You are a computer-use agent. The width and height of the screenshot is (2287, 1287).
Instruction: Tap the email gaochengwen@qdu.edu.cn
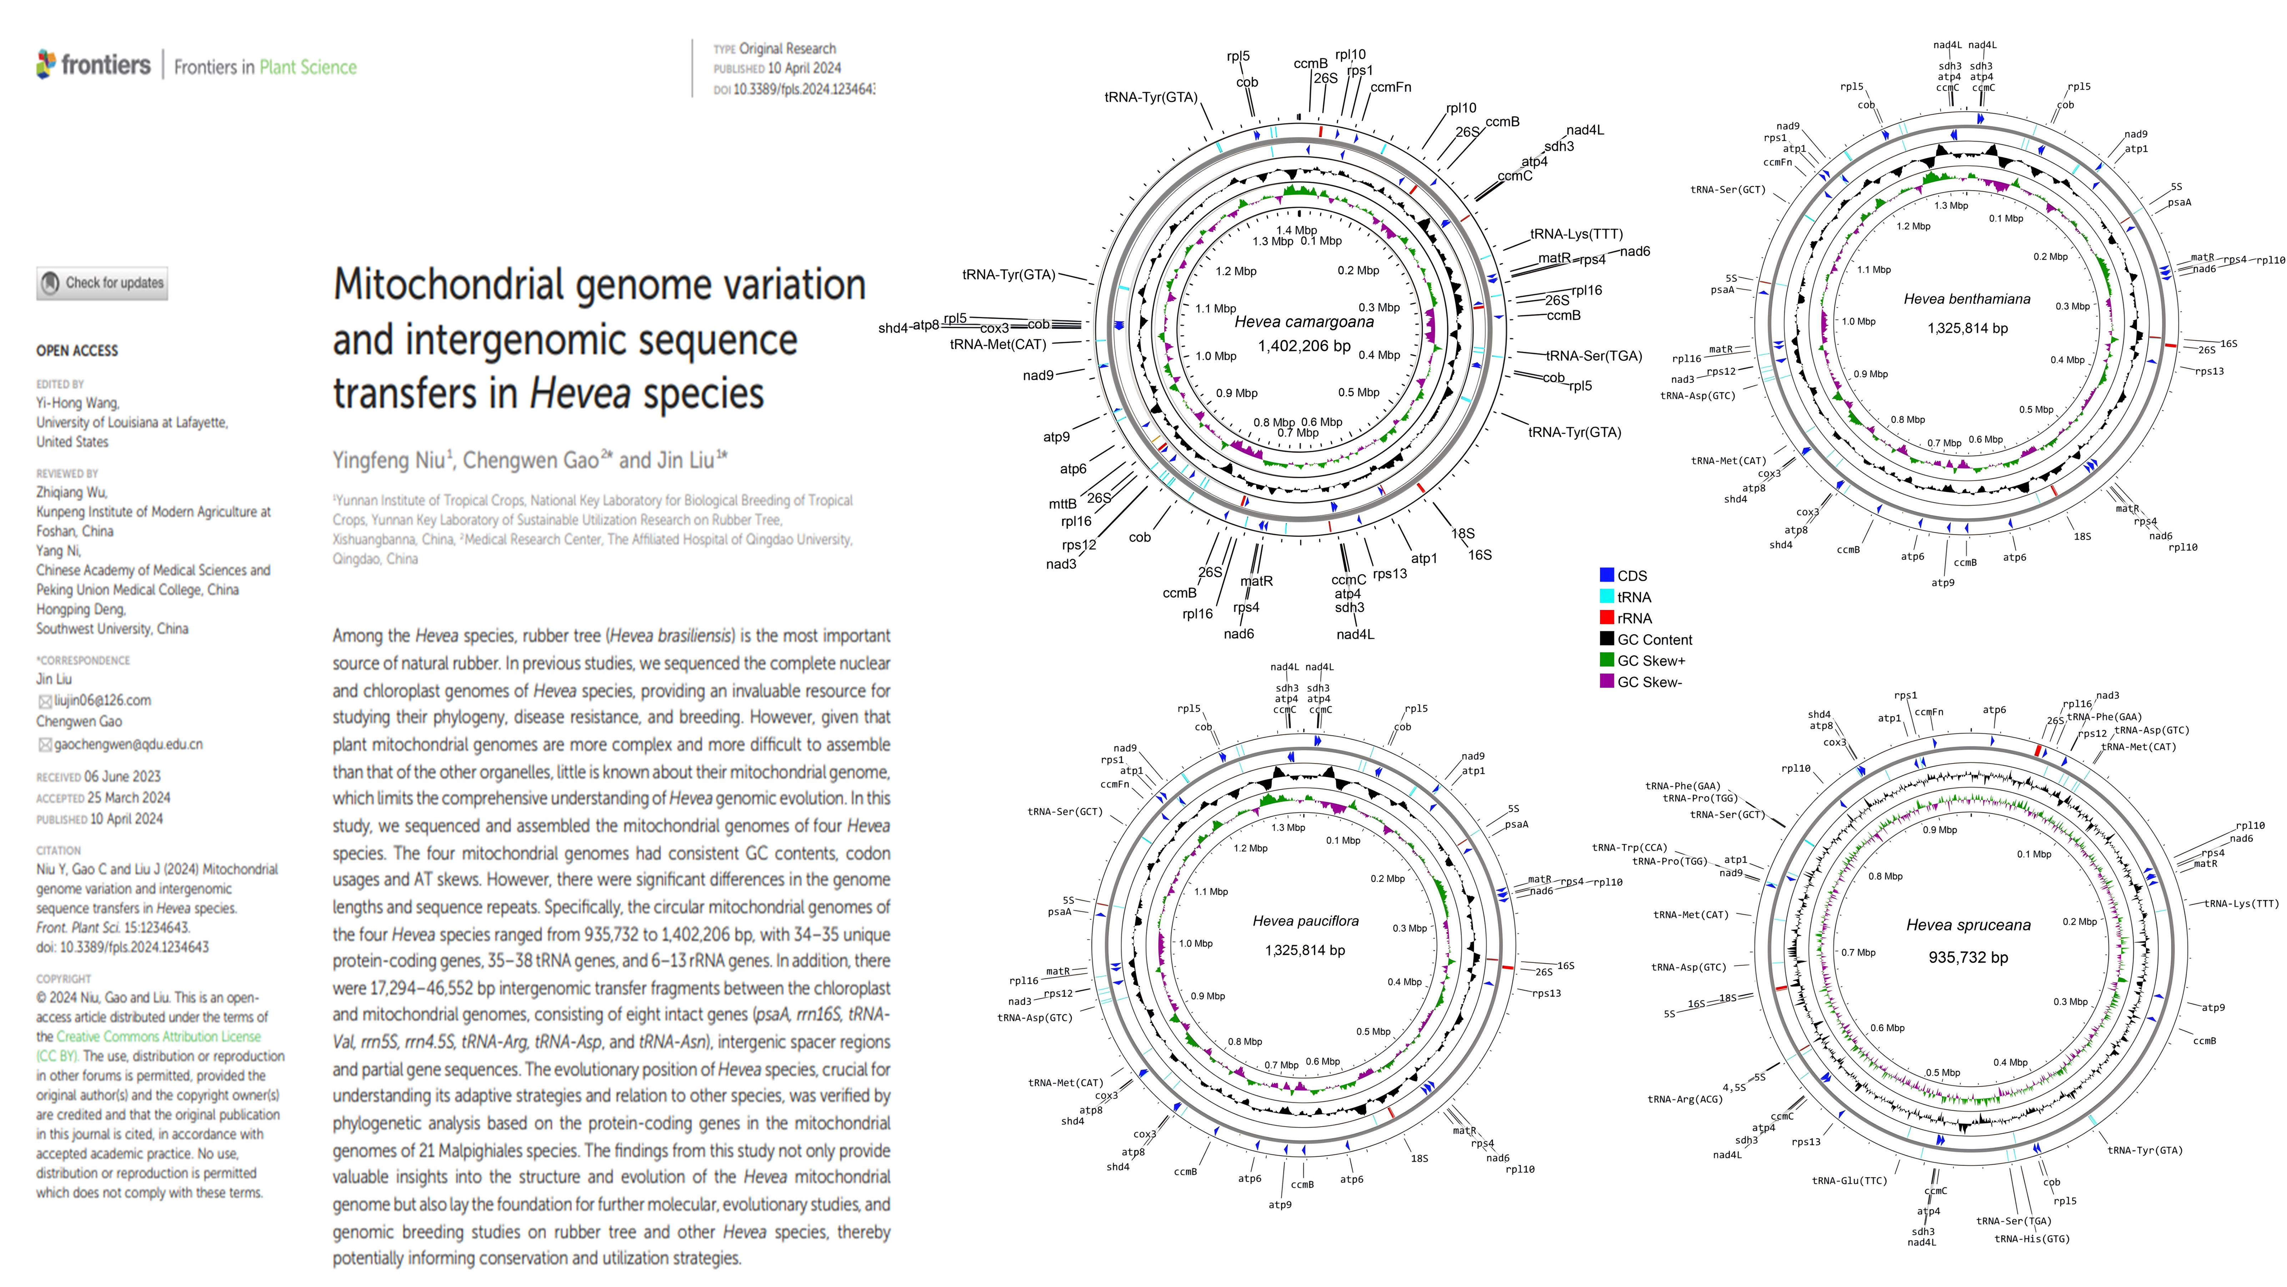pyautogui.click(x=128, y=744)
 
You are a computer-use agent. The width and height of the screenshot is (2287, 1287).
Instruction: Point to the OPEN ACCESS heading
pyautogui.click(x=77, y=351)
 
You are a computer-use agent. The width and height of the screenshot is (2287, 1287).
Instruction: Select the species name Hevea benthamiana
pyautogui.click(x=1966, y=299)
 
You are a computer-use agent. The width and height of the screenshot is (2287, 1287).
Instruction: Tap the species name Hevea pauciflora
pyautogui.click(x=1305, y=921)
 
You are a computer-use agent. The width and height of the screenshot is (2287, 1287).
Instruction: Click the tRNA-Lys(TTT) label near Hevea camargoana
pyautogui.click(x=1576, y=234)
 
